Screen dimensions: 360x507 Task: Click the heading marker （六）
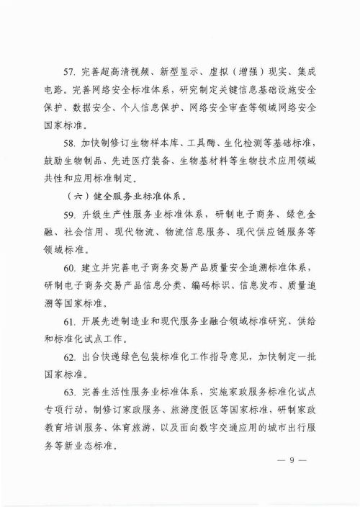[x=74, y=194]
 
